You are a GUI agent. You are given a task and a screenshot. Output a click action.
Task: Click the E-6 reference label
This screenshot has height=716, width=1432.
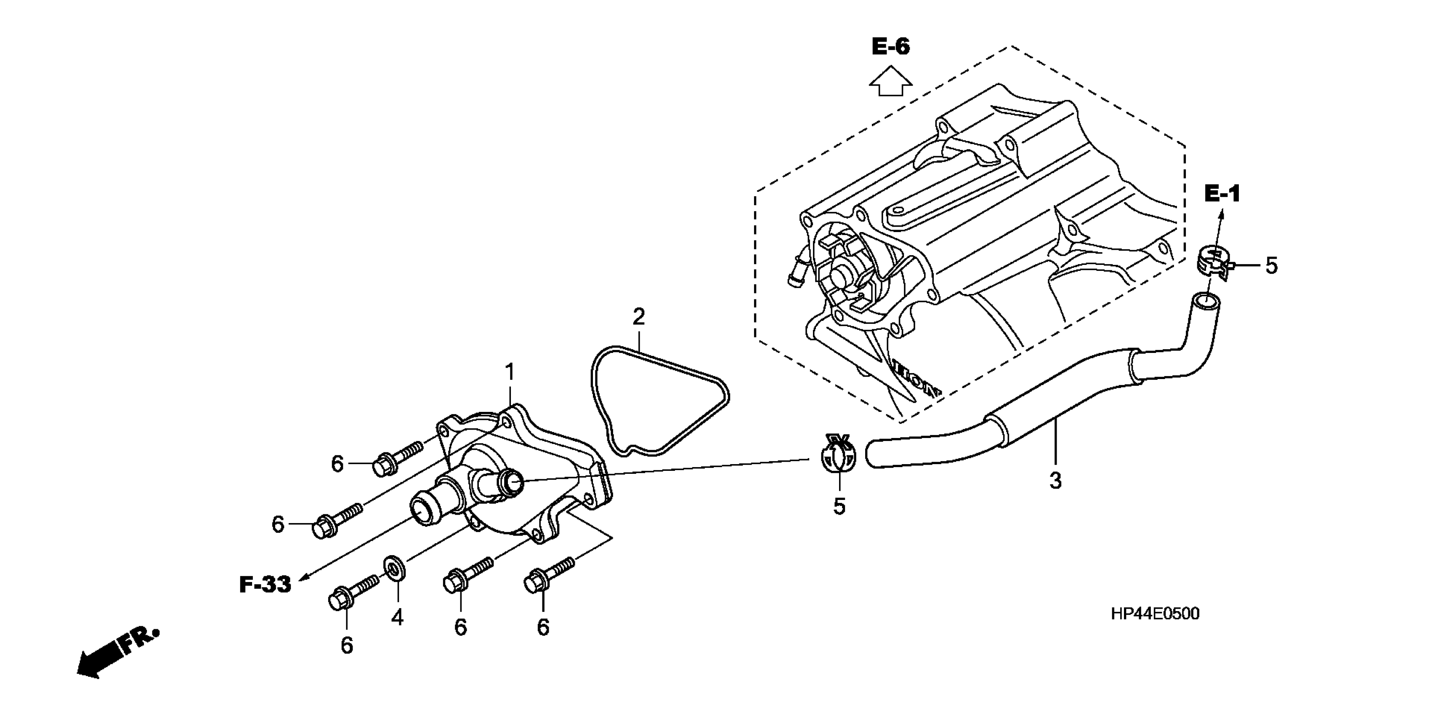click(890, 47)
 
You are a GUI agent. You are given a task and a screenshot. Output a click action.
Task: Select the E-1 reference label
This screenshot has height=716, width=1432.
click(1222, 194)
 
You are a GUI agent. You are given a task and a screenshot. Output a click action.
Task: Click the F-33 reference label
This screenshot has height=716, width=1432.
click(265, 585)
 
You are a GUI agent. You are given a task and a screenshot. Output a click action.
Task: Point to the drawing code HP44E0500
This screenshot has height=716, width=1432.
click(1155, 614)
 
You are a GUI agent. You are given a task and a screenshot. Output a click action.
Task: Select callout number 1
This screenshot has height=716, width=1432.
click(509, 372)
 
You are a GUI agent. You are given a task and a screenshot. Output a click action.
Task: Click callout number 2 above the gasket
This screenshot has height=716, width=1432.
click(639, 317)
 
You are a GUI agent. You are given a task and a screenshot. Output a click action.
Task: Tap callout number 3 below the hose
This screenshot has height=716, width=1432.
click(1055, 480)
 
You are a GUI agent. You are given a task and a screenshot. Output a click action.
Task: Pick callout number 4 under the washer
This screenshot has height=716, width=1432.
click(397, 617)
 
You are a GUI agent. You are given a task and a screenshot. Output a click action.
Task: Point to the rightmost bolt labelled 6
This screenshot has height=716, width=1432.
click(547, 576)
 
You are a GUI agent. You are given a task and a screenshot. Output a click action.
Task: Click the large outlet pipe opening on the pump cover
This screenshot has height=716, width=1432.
click(424, 508)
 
